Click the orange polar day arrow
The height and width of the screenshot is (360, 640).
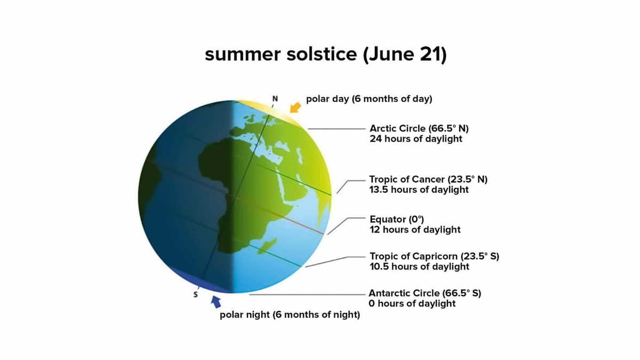click(295, 108)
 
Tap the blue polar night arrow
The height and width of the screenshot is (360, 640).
click(216, 302)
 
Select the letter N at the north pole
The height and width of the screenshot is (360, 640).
click(275, 99)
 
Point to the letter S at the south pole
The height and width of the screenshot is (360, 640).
click(195, 294)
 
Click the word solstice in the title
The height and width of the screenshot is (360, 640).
click(322, 54)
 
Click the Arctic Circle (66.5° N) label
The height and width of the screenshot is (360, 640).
click(419, 129)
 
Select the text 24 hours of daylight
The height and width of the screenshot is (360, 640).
click(416, 139)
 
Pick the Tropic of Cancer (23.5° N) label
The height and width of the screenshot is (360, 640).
click(428, 179)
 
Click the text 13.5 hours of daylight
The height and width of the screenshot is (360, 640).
click(419, 190)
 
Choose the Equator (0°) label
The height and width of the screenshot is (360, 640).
click(397, 219)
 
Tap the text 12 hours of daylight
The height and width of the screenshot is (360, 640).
click(415, 230)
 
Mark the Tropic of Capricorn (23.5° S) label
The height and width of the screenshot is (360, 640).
click(434, 257)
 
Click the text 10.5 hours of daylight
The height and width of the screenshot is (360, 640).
click(419, 267)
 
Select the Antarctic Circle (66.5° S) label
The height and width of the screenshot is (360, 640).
click(425, 293)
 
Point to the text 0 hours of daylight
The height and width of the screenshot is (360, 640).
click(412, 303)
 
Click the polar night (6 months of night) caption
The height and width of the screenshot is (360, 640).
click(290, 315)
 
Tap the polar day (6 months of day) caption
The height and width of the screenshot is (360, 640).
click(369, 99)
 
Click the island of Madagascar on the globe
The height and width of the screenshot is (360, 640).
click(267, 246)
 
